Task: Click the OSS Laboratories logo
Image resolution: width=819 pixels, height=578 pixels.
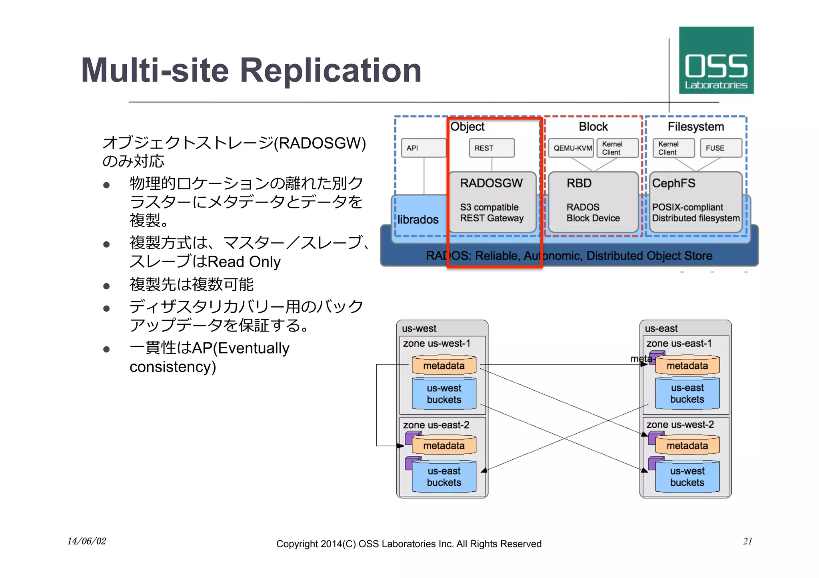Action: click(716, 60)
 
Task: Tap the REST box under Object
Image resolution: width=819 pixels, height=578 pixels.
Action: click(491, 148)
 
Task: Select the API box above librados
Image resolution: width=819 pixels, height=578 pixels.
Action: click(423, 148)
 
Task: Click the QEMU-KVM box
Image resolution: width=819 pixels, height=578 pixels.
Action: click(572, 148)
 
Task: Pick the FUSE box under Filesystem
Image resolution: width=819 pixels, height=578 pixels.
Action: click(721, 148)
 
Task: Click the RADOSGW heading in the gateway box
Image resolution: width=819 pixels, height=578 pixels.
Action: click(491, 183)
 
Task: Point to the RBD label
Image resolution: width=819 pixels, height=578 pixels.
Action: click(579, 183)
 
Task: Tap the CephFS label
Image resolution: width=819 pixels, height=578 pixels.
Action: click(673, 183)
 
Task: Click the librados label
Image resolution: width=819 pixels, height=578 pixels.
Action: click(418, 219)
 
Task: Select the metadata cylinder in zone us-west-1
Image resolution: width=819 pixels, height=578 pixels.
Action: click(444, 365)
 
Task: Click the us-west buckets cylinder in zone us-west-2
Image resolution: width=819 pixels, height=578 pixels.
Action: click(687, 477)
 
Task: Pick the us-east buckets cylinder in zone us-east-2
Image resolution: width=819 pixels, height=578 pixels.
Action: click(444, 477)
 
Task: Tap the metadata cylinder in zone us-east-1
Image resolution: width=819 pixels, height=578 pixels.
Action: click(687, 365)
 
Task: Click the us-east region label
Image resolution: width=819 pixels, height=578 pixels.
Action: click(661, 328)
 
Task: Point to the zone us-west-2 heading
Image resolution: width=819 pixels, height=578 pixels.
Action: click(680, 424)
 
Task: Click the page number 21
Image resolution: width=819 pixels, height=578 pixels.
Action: click(747, 541)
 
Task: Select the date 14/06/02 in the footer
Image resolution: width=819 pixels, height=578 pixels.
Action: click(86, 541)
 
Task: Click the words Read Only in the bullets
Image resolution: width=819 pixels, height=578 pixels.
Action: click(244, 262)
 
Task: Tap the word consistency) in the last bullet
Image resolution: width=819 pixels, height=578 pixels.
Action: click(172, 367)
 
